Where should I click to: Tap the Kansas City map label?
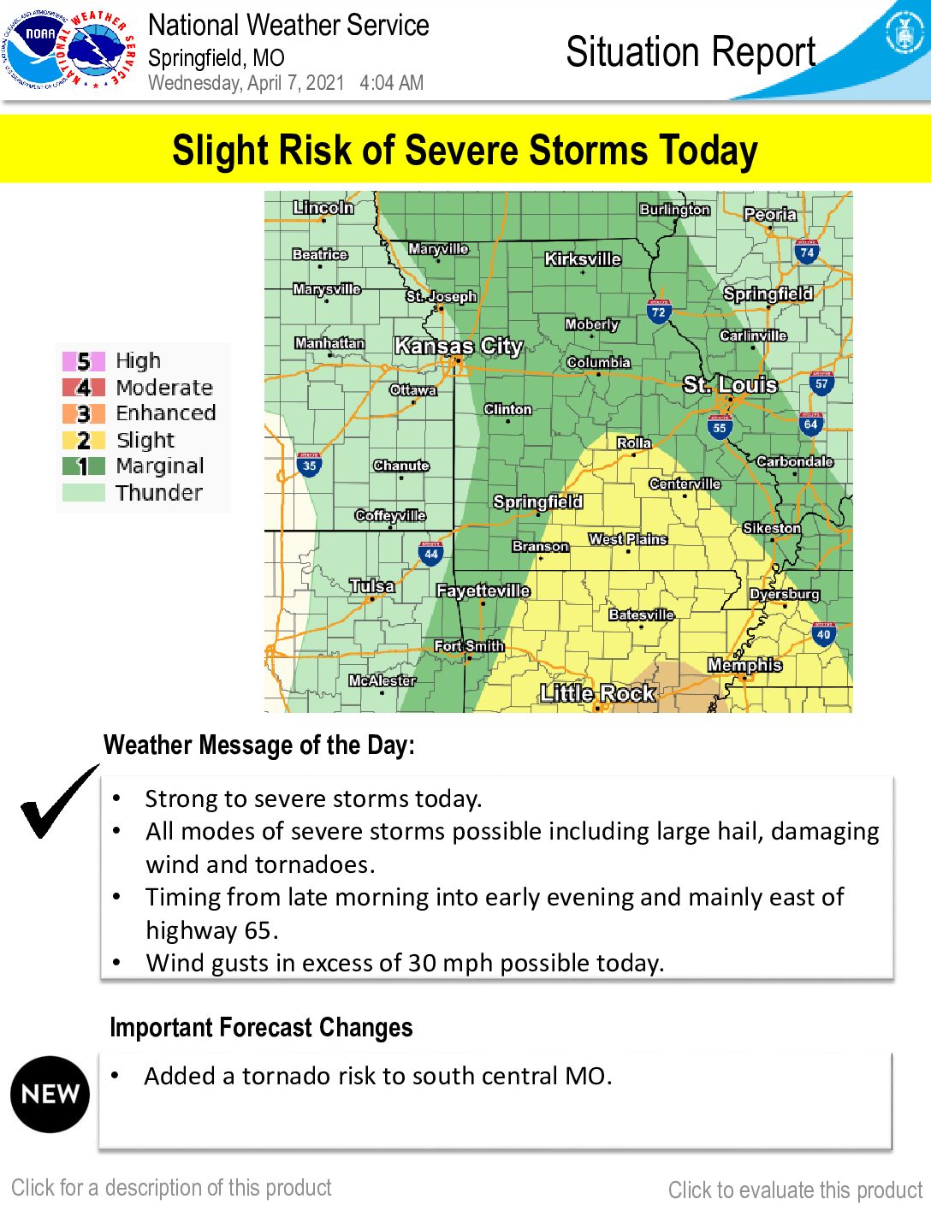pos(458,347)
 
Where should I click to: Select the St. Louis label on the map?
pos(730,385)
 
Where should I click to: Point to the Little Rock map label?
pos(597,693)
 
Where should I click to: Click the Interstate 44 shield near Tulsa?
pos(430,553)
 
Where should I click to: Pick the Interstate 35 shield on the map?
pos(309,465)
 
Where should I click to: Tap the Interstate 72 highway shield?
pos(658,312)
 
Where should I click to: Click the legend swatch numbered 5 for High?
pos(84,361)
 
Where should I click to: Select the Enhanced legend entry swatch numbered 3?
pos(84,413)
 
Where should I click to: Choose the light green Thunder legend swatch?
pos(84,493)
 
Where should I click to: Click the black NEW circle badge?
pos(50,1094)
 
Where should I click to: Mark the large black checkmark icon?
pos(58,802)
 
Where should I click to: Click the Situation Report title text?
pos(691,52)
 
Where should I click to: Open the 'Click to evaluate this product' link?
pos(795,1190)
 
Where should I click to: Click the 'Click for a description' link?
pos(171,1188)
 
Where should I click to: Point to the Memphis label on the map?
pos(744,665)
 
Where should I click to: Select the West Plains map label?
pos(627,539)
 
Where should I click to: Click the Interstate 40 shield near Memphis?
pos(823,633)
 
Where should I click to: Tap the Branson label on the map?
pos(540,546)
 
